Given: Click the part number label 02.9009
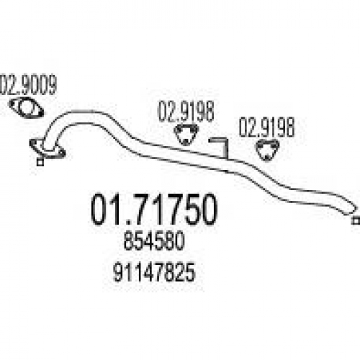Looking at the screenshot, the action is click(x=28, y=85).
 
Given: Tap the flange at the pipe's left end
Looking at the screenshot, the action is click(x=48, y=149).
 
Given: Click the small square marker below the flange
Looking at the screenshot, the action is click(x=40, y=162).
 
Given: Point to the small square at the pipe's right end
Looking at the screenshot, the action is click(x=356, y=220).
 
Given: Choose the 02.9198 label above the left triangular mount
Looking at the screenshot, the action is click(x=186, y=112).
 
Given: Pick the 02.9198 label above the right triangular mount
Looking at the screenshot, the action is click(x=266, y=127).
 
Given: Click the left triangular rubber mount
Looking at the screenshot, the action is click(x=186, y=135).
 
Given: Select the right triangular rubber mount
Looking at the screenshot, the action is click(x=267, y=150).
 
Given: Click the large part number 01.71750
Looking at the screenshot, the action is click(x=154, y=210).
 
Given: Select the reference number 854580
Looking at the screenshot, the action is click(x=154, y=240).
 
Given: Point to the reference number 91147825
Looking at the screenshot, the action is click(x=154, y=272).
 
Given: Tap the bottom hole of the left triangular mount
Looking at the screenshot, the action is click(x=185, y=142).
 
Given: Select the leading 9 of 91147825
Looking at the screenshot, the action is click(x=118, y=272).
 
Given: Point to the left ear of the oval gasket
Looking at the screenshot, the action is click(x=12, y=104).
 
